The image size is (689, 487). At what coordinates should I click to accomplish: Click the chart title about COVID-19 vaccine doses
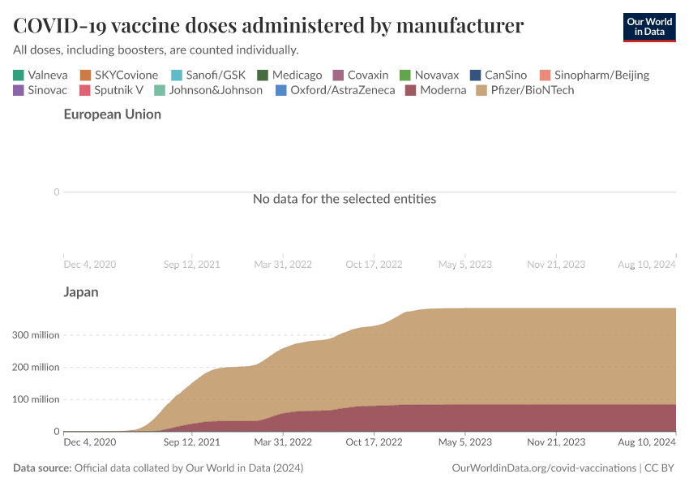click(268, 26)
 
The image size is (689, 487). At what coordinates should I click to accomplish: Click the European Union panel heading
click(113, 114)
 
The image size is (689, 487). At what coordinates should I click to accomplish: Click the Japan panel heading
click(81, 292)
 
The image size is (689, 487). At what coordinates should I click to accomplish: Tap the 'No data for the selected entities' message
click(344, 199)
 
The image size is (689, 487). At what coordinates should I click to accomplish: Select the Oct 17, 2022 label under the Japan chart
click(374, 442)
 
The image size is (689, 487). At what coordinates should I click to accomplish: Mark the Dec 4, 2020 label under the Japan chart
click(89, 442)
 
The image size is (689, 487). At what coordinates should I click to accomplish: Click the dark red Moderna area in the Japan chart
click(486, 417)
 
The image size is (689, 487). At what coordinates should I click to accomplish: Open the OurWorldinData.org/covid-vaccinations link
click(543, 468)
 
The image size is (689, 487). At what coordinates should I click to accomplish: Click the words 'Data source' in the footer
click(42, 468)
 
